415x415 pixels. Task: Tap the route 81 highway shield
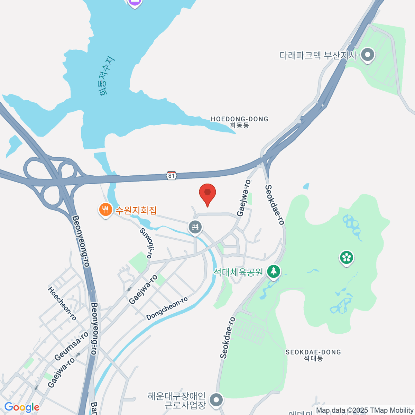coord(172,176)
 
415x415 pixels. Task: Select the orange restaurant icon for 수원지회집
coord(105,210)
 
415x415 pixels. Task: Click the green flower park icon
coord(347,257)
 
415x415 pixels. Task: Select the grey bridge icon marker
coord(195,227)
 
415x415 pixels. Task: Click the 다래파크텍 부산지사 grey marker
coord(367,55)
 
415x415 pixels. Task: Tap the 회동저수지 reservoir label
coord(105,76)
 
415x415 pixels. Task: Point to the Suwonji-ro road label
coord(146,243)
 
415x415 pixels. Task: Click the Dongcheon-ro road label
coord(167,308)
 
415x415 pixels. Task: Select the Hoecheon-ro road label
coord(62,303)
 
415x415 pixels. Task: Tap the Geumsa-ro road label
coord(72,346)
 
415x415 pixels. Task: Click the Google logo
coord(22,407)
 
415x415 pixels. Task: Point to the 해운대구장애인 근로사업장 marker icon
coord(216,400)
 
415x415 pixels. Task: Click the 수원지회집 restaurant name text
coord(136,210)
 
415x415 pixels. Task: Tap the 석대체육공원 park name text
coord(238,272)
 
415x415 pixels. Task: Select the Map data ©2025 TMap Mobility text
coord(365,411)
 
